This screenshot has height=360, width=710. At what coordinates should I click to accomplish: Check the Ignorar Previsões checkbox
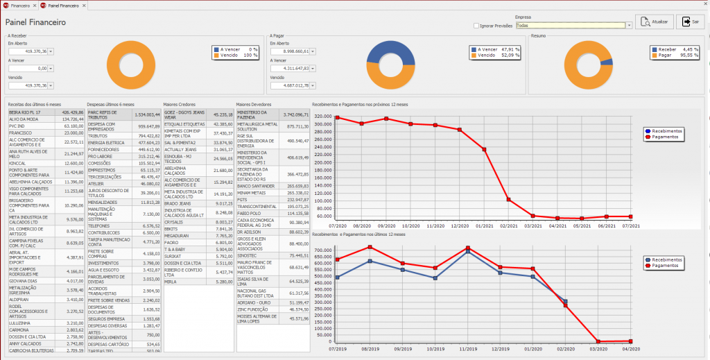pyautogui.click(x=476, y=26)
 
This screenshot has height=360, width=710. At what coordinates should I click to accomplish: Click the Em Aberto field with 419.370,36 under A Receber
pyautogui.click(x=28, y=51)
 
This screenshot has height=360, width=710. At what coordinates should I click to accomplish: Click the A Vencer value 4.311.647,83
pyautogui.click(x=289, y=69)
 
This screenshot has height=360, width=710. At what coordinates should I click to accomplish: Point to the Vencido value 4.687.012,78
pyautogui.click(x=289, y=85)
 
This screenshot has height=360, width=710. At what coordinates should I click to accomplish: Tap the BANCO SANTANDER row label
pyautogui.click(x=253, y=186)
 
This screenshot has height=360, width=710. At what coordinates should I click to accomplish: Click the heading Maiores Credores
pyautogui.click(x=180, y=104)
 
